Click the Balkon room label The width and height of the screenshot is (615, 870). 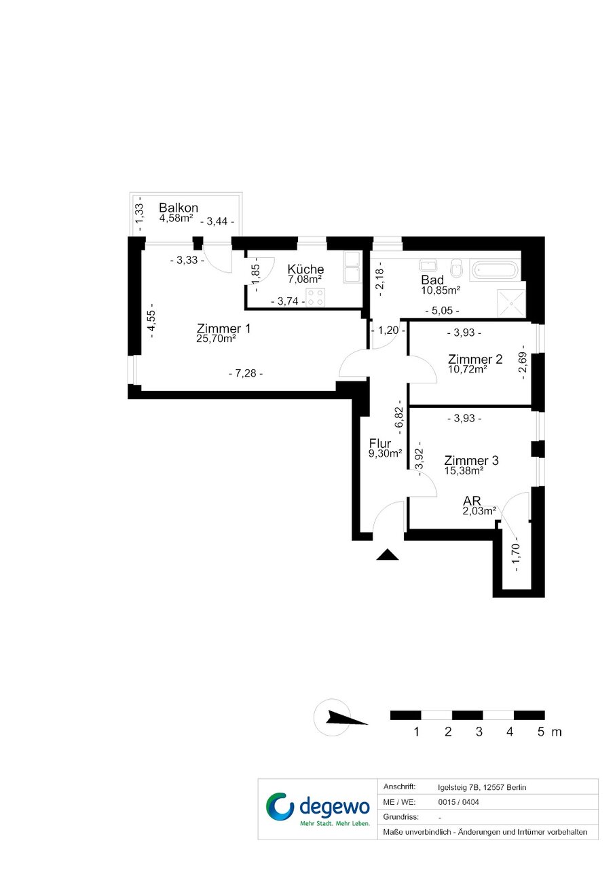[x=179, y=208]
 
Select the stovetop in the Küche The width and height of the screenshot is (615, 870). [x=315, y=298]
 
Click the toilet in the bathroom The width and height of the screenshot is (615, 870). [x=455, y=268]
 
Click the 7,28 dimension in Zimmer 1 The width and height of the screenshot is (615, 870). [x=245, y=374]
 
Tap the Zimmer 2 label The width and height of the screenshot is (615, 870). [x=475, y=359]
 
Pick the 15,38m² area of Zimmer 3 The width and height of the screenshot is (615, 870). [x=464, y=471]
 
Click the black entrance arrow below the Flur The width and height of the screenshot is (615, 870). [x=388, y=554]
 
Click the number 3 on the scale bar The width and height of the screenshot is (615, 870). [x=479, y=732]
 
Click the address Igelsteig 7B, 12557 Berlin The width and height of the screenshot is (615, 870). [x=482, y=788]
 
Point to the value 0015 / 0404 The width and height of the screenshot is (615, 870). [x=458, y=802]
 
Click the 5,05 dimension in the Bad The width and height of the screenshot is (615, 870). [x=442, y=311]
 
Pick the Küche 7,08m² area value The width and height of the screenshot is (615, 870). [x=305, y=279]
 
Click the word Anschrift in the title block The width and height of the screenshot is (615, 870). [x=399, y=787]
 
